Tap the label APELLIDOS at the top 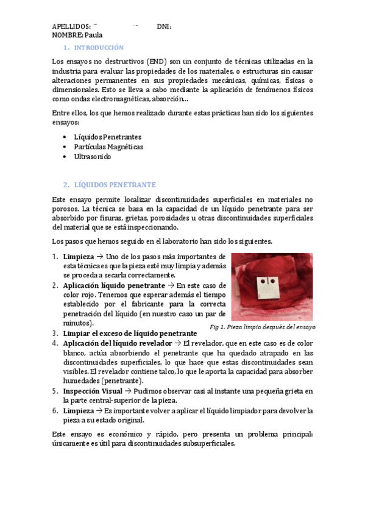pos(71,27)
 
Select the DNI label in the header pos(163,27)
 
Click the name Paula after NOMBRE pos(94,35)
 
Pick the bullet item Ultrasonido pos(93,157)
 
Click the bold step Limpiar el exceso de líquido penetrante pos(130,333)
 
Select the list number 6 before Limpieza pos(54,410)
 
